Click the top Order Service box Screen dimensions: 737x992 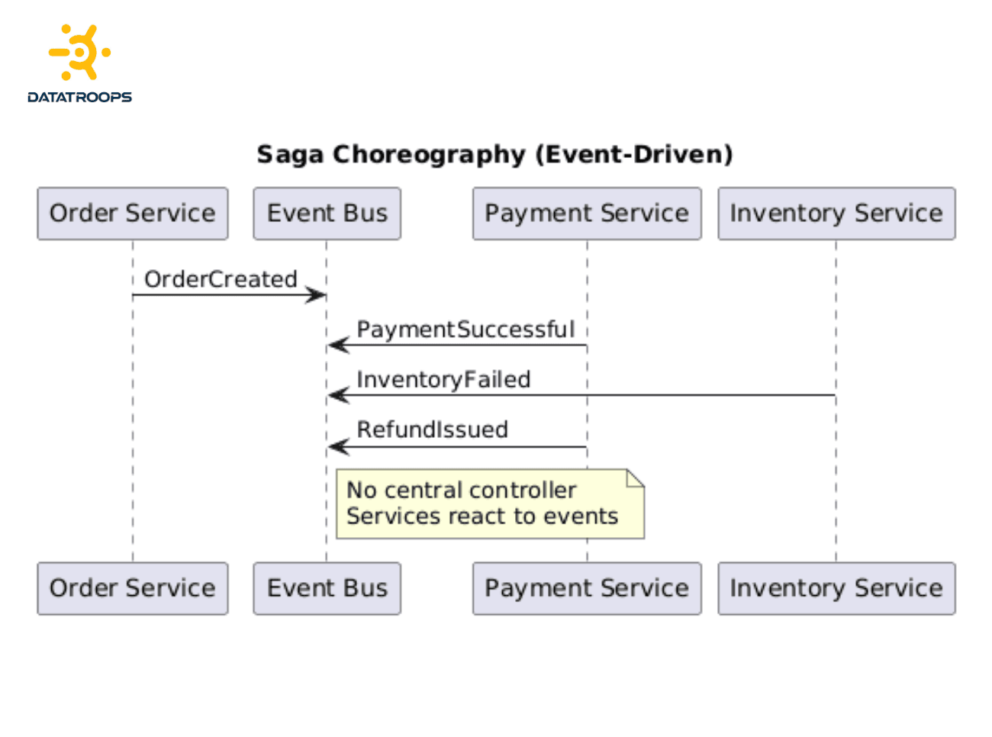click(132, 214)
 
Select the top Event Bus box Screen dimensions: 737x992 click(327, 214)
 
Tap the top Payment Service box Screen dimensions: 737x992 click(586, 214)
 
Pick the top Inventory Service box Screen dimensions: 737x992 click(836, 214)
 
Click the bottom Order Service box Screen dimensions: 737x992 click(132, 588)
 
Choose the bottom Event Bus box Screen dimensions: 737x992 click(327, 588)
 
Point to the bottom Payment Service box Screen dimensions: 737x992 click(586, 588)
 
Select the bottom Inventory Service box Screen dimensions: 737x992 click(836, 588)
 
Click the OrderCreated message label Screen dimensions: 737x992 click(221, 279)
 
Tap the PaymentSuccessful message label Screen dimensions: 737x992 click(465, 330)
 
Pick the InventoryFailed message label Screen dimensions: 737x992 click(443, 380)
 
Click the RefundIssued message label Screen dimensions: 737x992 click(432, 430)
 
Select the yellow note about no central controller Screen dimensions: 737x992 click(489, 504)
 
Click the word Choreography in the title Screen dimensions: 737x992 click(429, 154)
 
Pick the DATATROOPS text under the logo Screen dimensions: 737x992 click(79, 97)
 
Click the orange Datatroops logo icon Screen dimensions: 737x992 click(79, 53)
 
